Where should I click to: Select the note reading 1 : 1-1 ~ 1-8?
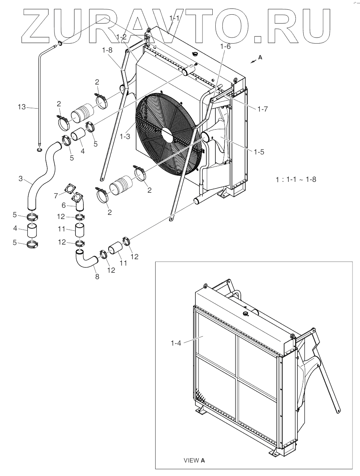click(296, 179)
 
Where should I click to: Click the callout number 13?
click(21, 107)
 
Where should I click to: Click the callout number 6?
click(64, 206)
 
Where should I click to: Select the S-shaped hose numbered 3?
click(43, 173)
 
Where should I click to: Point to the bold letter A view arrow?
click(260, 57)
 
